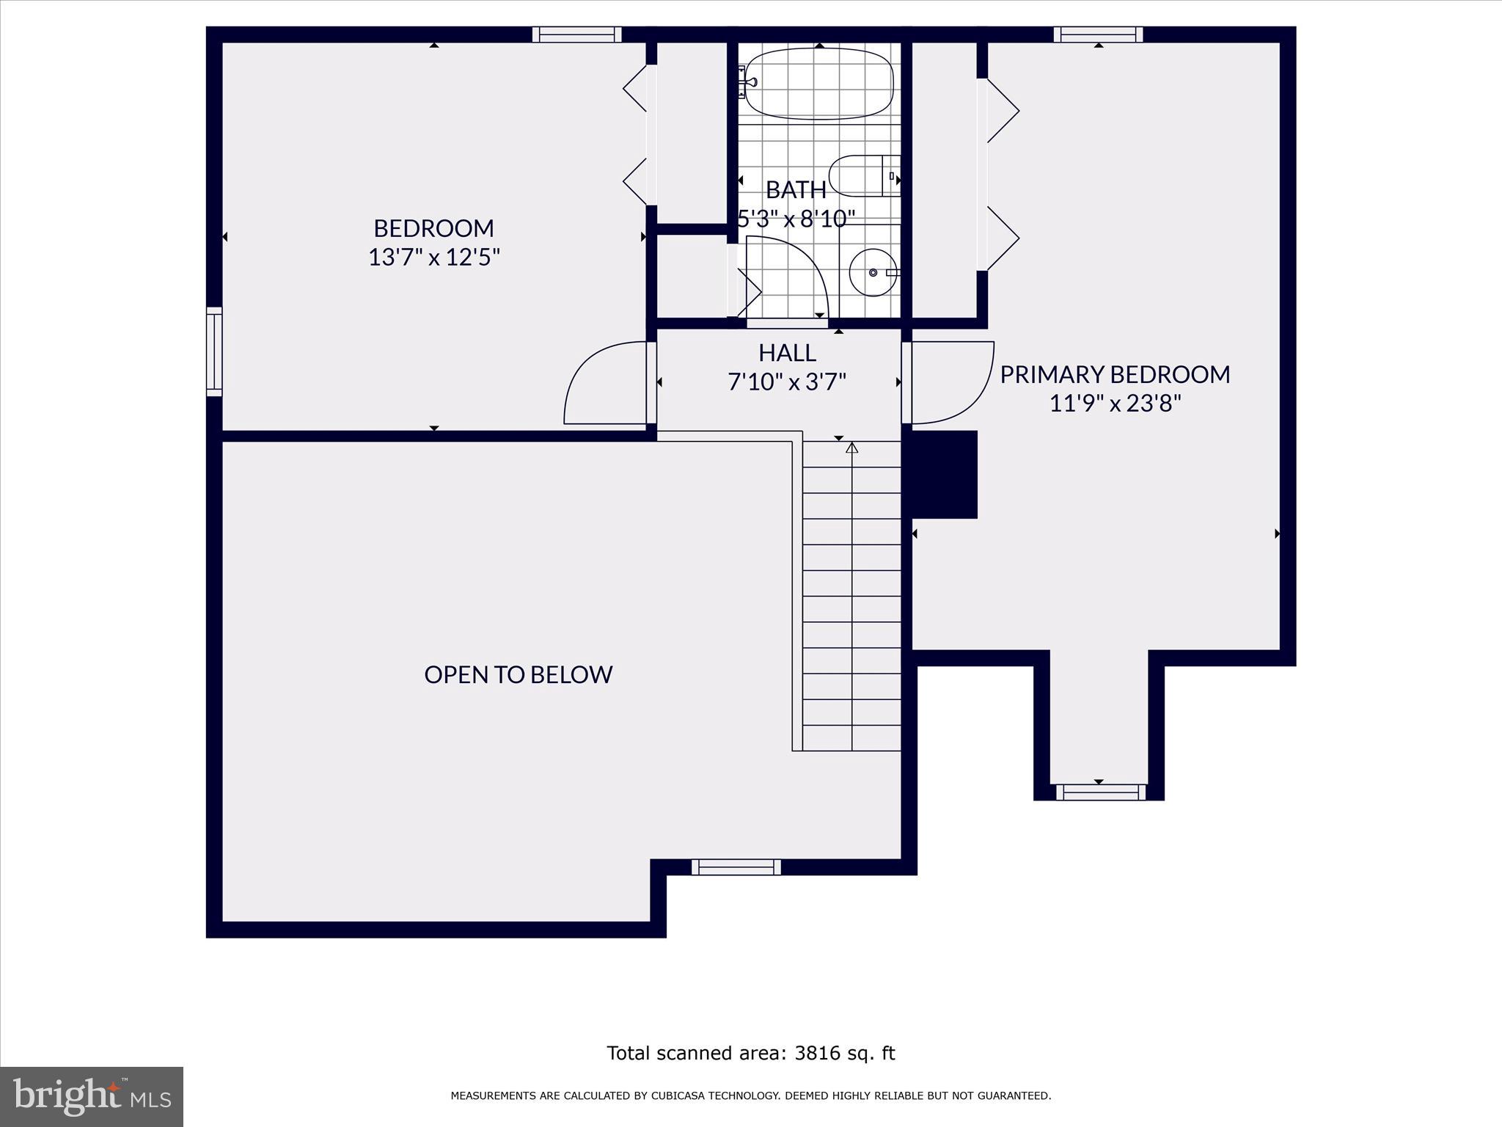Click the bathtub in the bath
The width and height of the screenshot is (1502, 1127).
(819, 83)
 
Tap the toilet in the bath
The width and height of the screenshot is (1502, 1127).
(863, 176)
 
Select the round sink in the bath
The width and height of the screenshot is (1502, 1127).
(873, 272)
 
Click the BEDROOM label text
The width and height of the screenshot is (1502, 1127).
(433, 228)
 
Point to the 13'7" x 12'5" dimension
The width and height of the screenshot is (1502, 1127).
(433, 258)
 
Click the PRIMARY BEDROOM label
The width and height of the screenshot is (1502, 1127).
(1114, 374)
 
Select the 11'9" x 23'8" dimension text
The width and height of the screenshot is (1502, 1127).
(1115, 404)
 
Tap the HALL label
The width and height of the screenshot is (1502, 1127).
(787, 353)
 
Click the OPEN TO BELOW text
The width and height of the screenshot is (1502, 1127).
(518, 674)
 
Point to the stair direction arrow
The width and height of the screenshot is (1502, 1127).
(851, 447)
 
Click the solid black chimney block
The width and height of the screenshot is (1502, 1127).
(944, 474)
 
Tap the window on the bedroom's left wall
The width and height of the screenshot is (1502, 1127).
(214, 351)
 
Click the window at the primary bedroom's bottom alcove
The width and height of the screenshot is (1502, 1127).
(1099, 792)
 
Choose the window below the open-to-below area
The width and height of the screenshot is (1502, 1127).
(736, 867)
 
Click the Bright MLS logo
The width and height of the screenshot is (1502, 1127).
(92, 1096)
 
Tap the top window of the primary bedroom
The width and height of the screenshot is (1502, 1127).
(1098, 34)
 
